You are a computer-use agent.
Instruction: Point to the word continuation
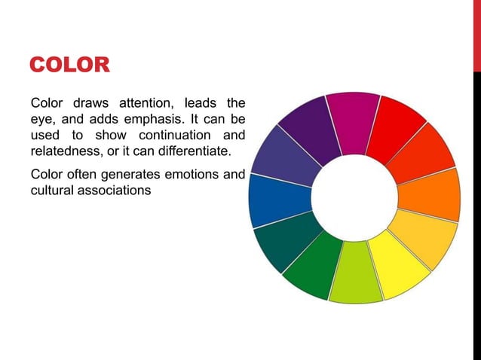(172, 136)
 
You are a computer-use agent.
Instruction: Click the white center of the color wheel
(354, 197)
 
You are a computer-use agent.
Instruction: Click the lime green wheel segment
(355, 275)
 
